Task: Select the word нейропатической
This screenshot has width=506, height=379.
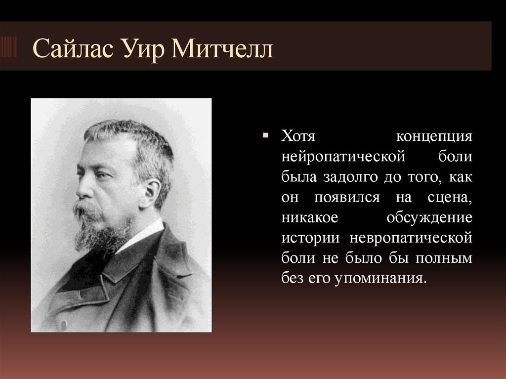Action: point(343,156)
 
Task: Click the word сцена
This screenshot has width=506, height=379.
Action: point(450,197)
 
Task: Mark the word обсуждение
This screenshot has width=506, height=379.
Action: point(429,217)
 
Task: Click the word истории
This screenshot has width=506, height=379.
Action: point(311,238)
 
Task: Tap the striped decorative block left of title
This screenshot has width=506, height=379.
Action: point(8,47)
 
